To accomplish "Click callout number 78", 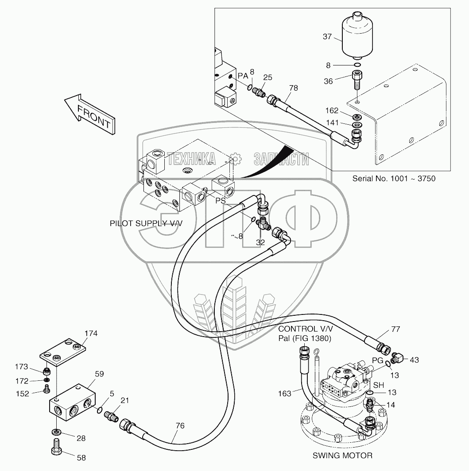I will tap(293, 88).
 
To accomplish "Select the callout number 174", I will tap(91, 333).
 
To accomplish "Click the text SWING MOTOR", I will tap(342, 455).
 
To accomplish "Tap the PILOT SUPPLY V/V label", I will tap(146, 224).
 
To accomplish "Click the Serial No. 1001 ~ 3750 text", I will tap(394, 179).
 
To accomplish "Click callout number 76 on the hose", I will tap(179, 425).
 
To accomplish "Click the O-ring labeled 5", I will tap(100, 411).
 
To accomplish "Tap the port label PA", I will tap(243, 76).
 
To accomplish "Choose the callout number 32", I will tap(260, 242).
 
